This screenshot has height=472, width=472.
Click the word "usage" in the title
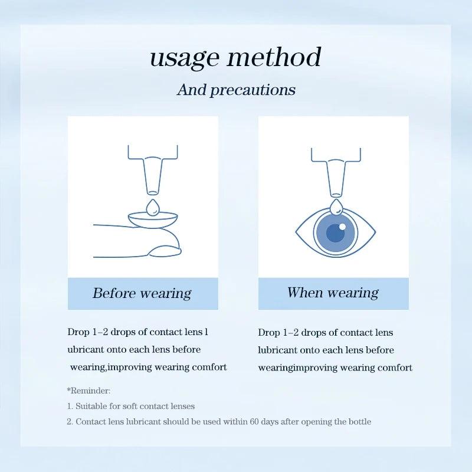coord(184,58)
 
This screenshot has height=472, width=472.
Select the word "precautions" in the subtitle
coord(253,90)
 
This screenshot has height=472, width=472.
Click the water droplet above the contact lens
coord(153,208)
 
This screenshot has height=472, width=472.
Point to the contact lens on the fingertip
coord(153,221)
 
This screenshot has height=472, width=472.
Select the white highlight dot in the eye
coord(342,226)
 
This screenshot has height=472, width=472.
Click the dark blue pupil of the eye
coord(336,233)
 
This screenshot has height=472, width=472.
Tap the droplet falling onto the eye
coord(336,207)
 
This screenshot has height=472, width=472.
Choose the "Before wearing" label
coord(142,293)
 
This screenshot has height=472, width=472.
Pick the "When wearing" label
coord(333,293)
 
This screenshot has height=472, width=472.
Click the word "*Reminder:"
coord(88,391)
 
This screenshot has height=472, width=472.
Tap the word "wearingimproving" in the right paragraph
coord(298,368)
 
